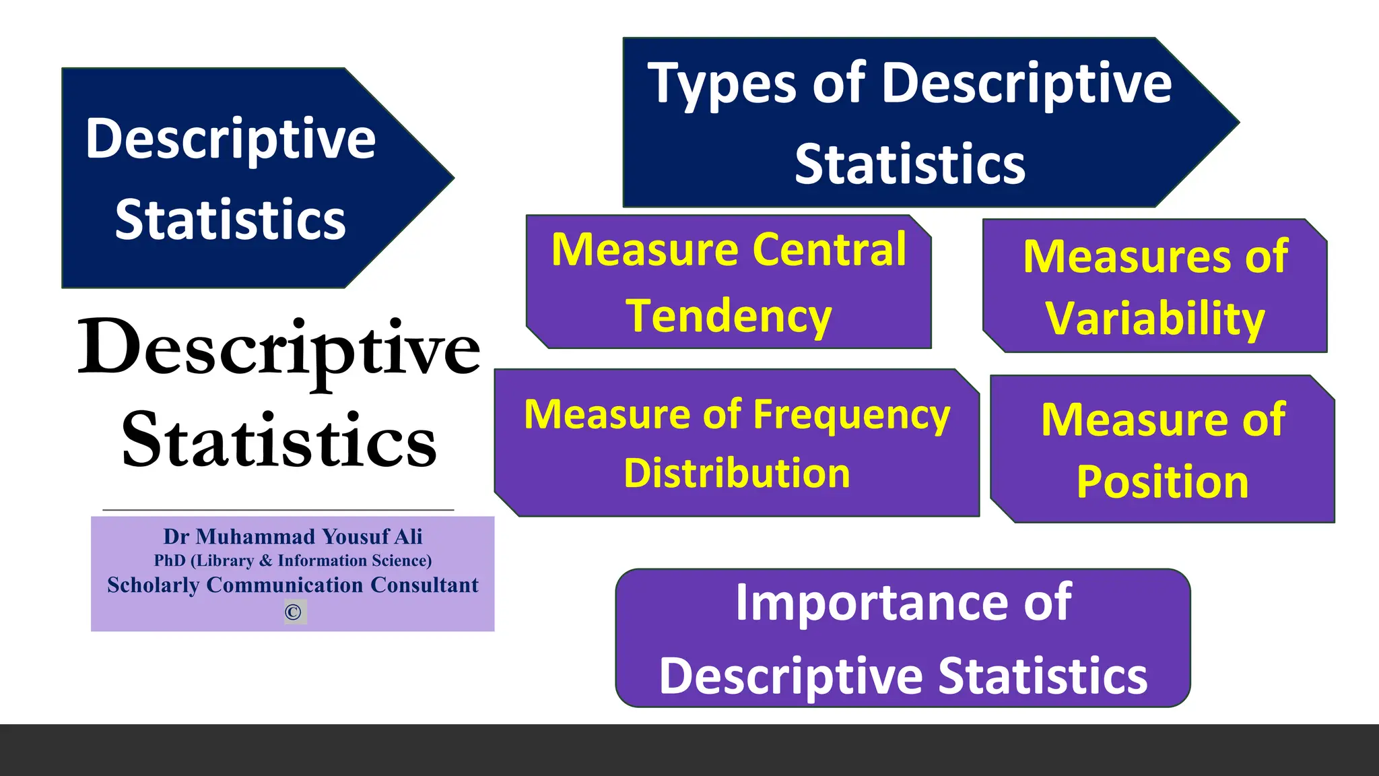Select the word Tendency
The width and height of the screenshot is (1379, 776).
[729, 316]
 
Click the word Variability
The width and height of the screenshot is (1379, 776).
[1155, 319]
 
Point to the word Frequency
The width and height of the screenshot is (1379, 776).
[851, 415]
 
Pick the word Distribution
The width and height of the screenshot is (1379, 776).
[737, 473]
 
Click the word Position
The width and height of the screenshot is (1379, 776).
[1162, 482]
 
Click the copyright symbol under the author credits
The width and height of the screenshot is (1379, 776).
[293, 612]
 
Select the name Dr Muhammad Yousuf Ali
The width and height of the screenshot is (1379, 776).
[293, 536]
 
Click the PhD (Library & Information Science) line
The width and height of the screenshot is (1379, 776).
[293, 560]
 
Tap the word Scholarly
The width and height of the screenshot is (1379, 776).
[154, 585]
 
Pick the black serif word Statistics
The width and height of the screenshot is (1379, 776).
[279, 441]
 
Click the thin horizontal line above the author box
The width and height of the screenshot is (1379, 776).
[278, 510]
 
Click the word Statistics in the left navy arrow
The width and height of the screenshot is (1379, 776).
[230, 220]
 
